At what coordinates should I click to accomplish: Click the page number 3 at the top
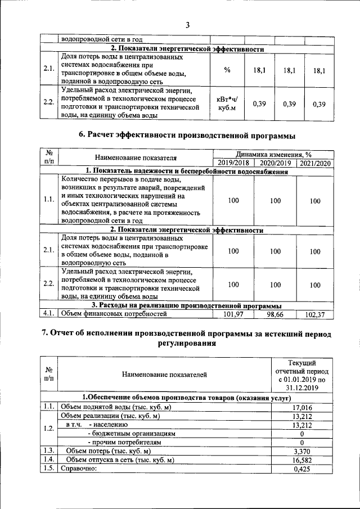(x=187, y=25)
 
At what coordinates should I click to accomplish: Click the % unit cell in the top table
(x=227, y=70)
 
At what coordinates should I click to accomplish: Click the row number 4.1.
(x=48, y=314)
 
